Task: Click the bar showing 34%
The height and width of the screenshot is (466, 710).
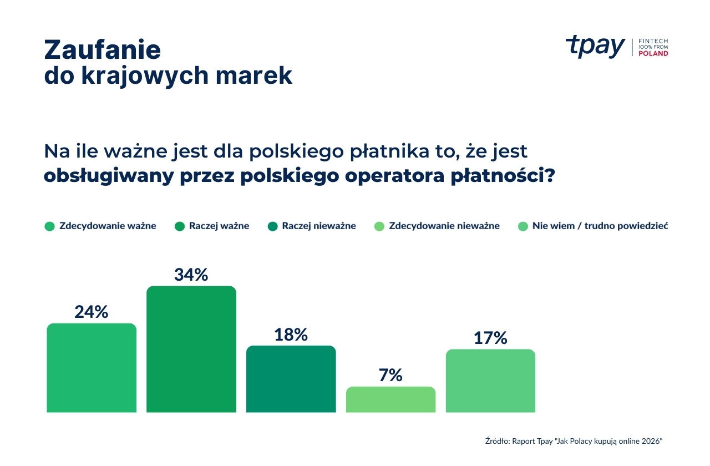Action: [191, 349]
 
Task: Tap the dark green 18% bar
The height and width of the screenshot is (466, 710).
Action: [291, 379]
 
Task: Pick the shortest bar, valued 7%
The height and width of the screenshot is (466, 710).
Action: [390, 399]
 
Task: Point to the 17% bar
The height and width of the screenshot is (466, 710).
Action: [490, 381]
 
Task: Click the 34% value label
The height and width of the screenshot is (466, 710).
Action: [191, 275]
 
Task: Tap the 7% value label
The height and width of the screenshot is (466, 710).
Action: [390, 376]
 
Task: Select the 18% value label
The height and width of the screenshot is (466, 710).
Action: [291, 335]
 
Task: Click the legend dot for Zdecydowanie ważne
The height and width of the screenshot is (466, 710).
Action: [50, 226]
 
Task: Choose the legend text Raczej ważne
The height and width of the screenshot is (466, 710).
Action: [219, 226]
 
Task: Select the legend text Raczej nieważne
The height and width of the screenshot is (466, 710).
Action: [318, 226]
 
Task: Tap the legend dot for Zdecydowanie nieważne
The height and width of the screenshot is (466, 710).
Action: [379, 226]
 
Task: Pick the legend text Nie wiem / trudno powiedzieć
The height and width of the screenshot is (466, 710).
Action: [600, 226]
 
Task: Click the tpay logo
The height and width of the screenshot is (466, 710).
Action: [595, 47]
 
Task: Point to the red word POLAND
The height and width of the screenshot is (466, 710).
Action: [653, 54]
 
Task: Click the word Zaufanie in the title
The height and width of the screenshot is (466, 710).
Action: [103, 50]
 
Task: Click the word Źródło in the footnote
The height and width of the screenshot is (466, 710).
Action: [497, 441]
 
